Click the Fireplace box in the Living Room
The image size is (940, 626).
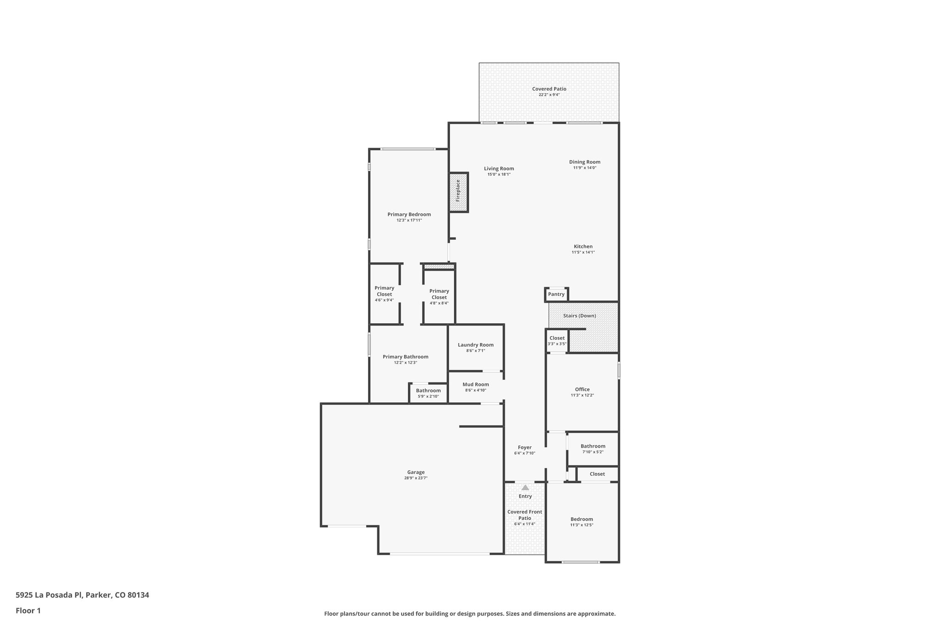tap(458, 192)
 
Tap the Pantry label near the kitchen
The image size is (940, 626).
tap(556, 294)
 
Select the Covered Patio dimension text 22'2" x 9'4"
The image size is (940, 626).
tap(549, 95)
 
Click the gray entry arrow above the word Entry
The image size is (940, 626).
tap(525, 488)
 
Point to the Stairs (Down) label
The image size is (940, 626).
tap(579, 316)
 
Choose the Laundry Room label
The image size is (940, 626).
tap(476, 345)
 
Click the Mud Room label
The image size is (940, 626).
tap(476, 384)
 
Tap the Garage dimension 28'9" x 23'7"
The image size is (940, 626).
tap(416, 478)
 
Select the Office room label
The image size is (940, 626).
tap(582, 389)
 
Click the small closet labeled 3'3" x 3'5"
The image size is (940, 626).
tap(557, 341)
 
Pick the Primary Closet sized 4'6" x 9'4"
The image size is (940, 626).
tap(384, 294)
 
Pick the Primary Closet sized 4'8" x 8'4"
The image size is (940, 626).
tap(439, 296)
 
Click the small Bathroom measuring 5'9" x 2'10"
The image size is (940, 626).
tap(428, 393)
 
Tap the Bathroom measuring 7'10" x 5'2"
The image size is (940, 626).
tap(593, 449)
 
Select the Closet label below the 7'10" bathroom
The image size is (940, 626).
tap(597, 474)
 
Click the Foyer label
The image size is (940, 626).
tap(525, 447)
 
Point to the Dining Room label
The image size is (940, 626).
tap(584, 162)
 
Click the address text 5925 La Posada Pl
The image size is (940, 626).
tap(49, 595)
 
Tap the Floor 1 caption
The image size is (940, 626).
tap(28, 610)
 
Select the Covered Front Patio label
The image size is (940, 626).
tap(525, 515)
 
